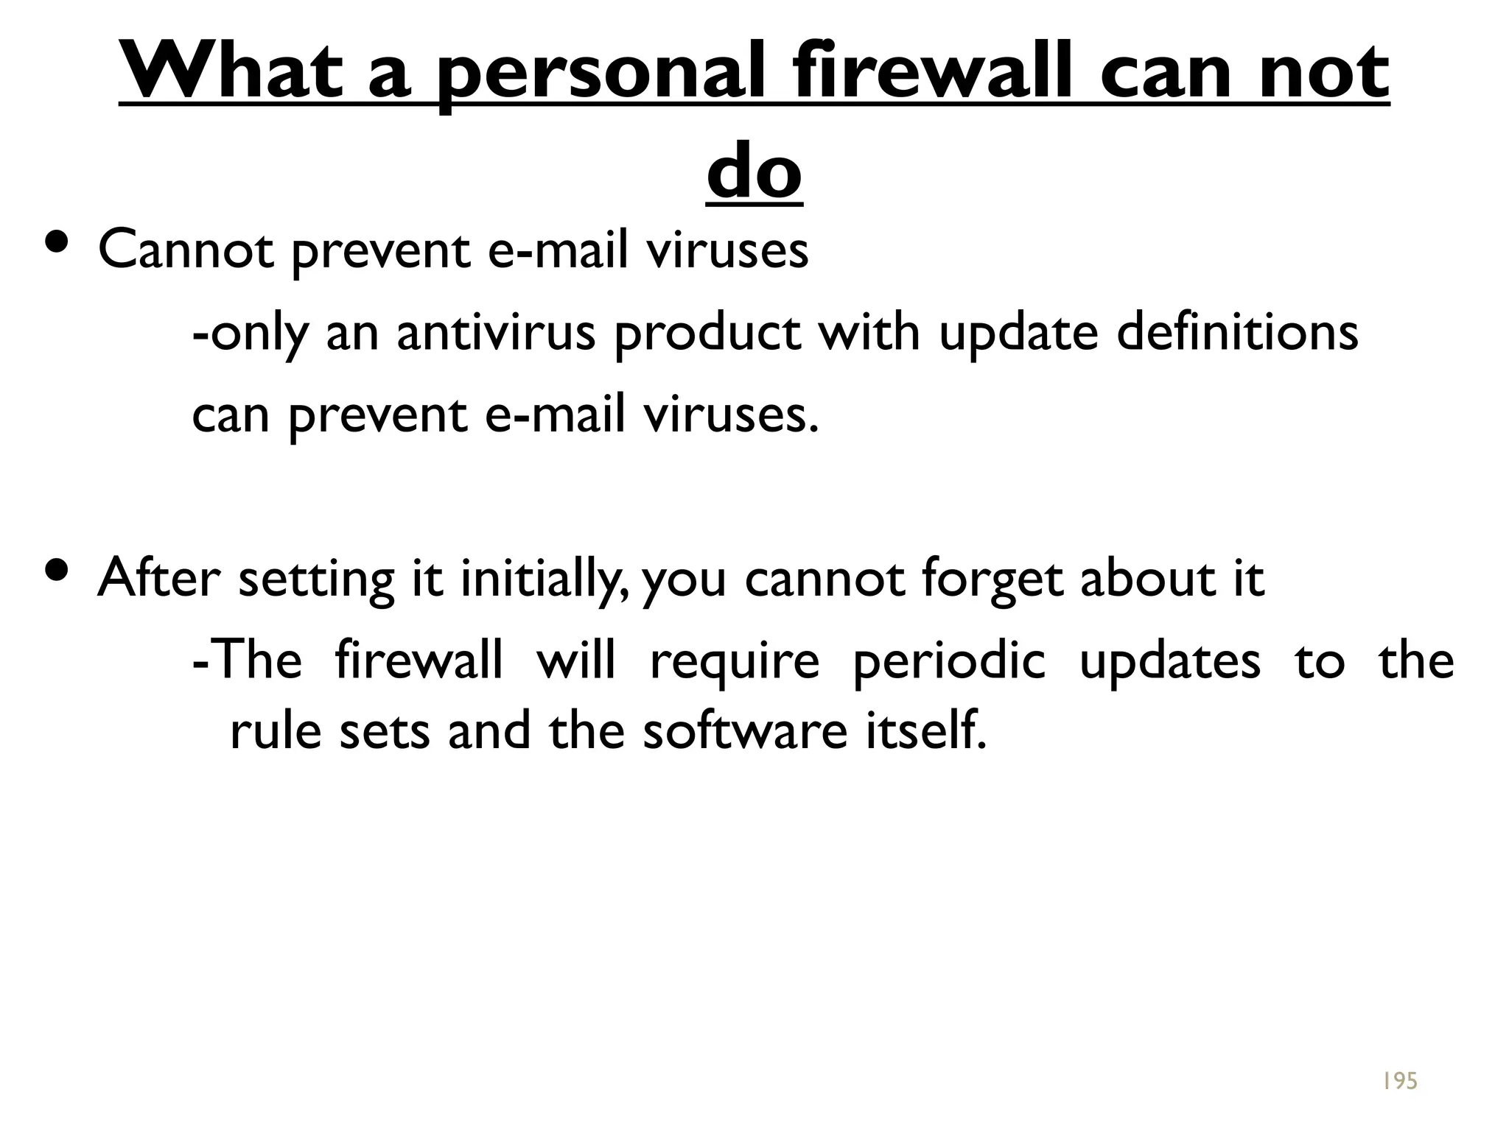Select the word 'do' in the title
754,172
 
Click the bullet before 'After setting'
57,569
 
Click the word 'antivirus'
496,332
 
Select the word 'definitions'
1237,332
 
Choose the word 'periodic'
949,660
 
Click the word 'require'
734,660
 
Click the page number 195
1399,1081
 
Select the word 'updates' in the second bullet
1170,660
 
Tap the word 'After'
158,578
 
